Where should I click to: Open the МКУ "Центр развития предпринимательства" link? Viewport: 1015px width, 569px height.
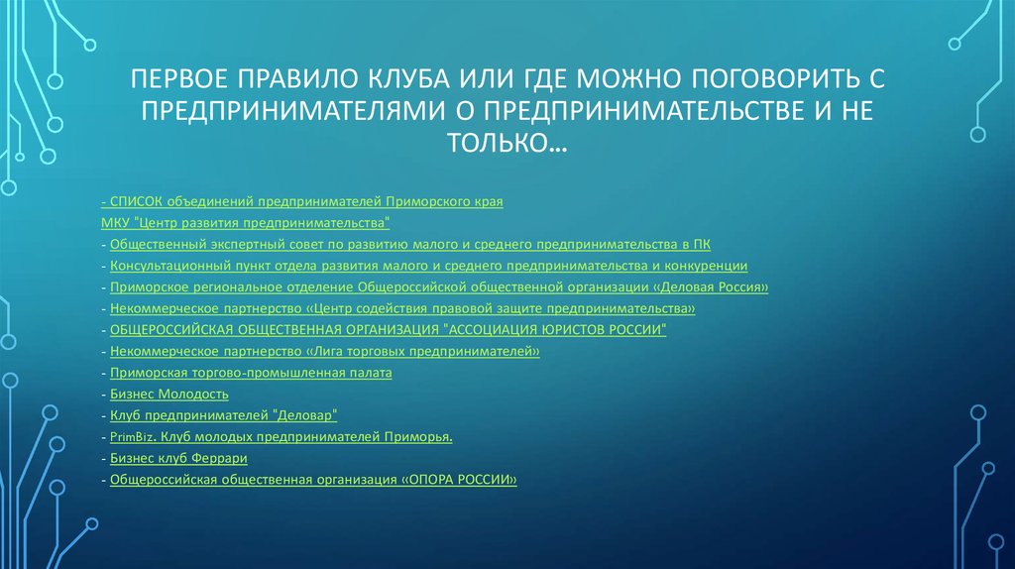pyautogui.click(x=246, y=223)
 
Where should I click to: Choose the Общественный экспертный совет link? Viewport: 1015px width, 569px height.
pyautogui.click(x=410, y=244)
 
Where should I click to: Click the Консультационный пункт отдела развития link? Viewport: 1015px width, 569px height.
pyautogui.click(x=428, y=266)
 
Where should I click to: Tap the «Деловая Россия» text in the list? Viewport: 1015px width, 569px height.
pyautogui.click(x=714, y=287)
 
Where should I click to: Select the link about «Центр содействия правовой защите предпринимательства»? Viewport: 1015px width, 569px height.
pyautogui.click(x=402, y=308)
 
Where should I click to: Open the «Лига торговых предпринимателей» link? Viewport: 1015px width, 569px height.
pyautogui.click(x=325, y=351)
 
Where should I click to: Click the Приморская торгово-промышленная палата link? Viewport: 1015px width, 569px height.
pyautogui.click(x=252, y=373)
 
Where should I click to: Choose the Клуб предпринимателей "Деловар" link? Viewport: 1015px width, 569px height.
pyautogui.click(x=225, y=415)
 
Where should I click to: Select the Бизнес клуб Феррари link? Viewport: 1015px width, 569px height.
pyautogui.click(x=178, y=458)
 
